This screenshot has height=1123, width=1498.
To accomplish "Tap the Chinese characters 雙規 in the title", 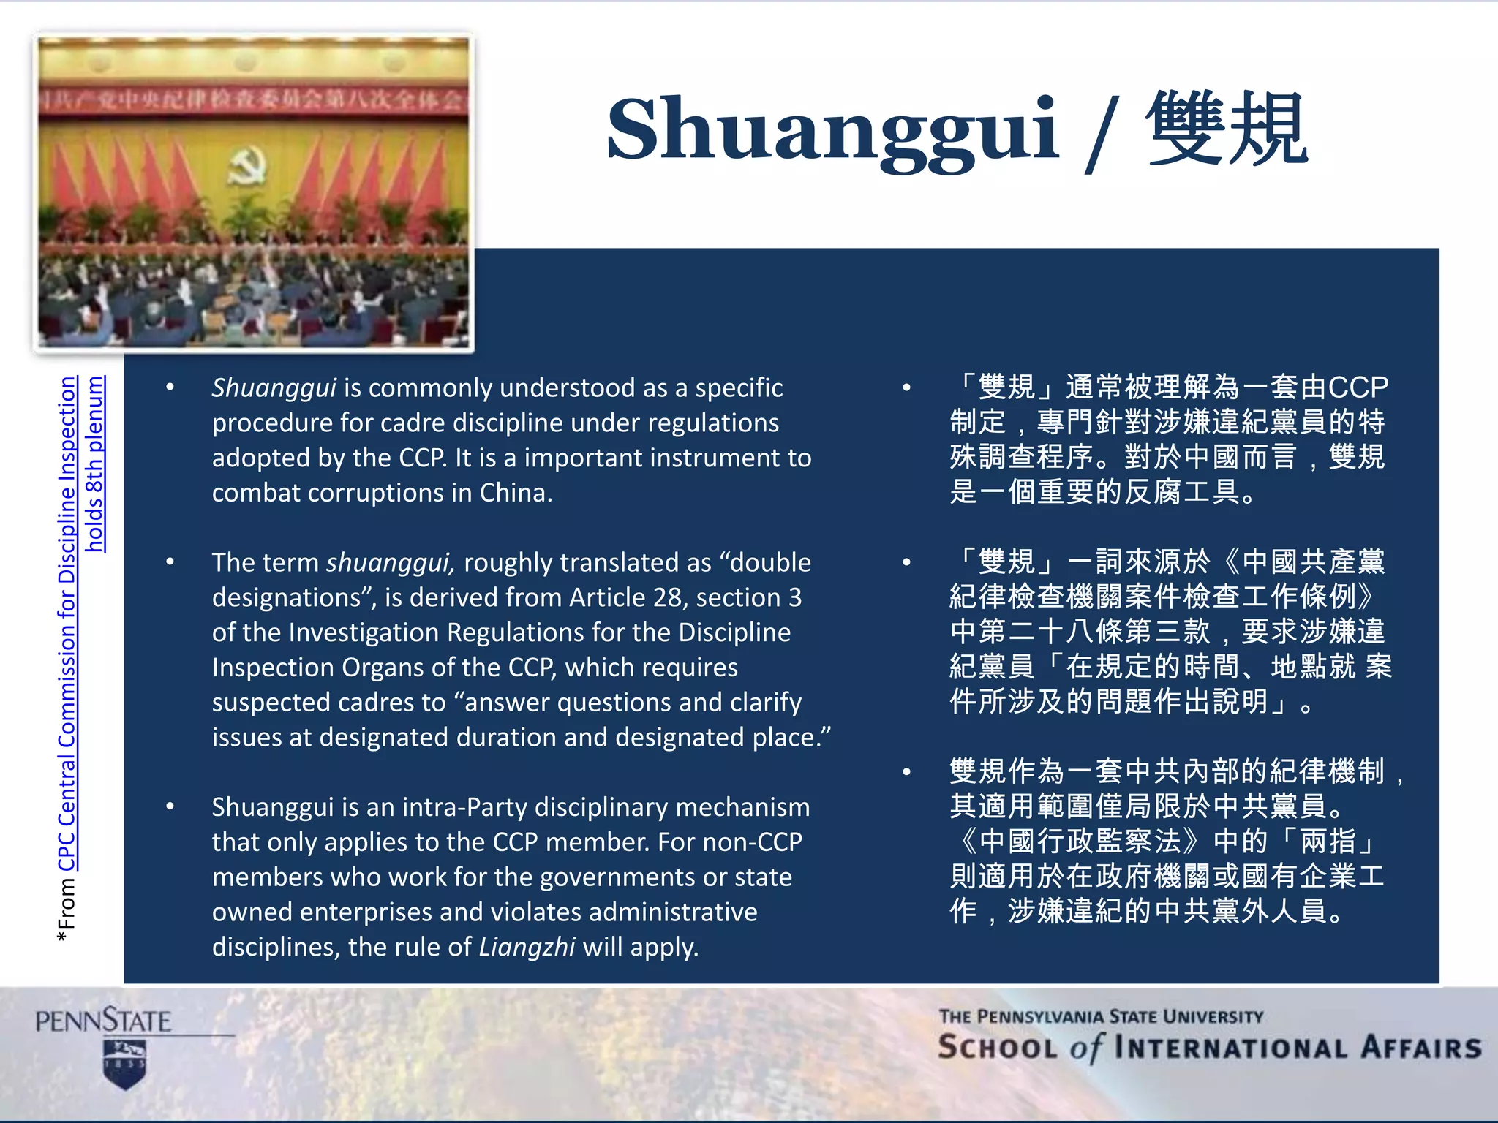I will coord(1227,130).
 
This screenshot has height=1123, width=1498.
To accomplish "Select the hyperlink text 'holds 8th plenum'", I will coord(95,464).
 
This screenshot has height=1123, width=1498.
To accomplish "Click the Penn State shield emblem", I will coord(125,1064).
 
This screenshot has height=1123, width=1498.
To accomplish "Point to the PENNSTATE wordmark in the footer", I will coord(103,1020).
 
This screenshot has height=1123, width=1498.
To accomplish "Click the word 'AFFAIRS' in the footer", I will coord(1420,1048).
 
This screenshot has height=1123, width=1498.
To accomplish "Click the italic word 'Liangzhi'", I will coord(527,947).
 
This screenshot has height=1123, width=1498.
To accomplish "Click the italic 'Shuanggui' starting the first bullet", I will coord(274,387).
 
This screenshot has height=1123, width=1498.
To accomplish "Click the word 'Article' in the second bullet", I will coord(608,597).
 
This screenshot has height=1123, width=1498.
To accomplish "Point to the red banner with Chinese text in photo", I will coord(253,101).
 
